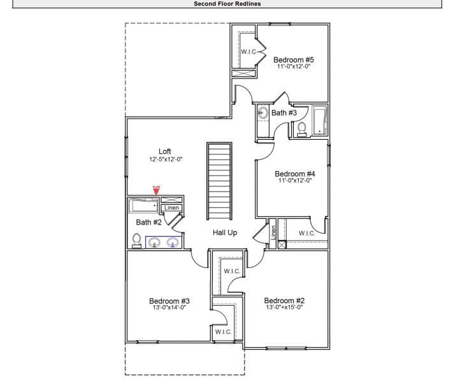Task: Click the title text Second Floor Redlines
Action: coord(226,3)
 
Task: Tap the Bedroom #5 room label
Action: coord(293,60)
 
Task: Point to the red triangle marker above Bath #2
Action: coord(156,190)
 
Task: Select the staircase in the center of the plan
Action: coord(217,181)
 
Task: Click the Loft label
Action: coord(164,151)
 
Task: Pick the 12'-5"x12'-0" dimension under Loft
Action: coord(164,158)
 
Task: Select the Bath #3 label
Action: coord(284,113)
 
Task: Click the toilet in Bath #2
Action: coord(136,240)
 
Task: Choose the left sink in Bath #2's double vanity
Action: coord(154,242)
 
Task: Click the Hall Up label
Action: coord(224,233)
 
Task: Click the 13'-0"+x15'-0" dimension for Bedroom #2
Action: coord(285,308)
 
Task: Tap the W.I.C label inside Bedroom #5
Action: coord(248,52)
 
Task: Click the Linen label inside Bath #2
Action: coord(171,207)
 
